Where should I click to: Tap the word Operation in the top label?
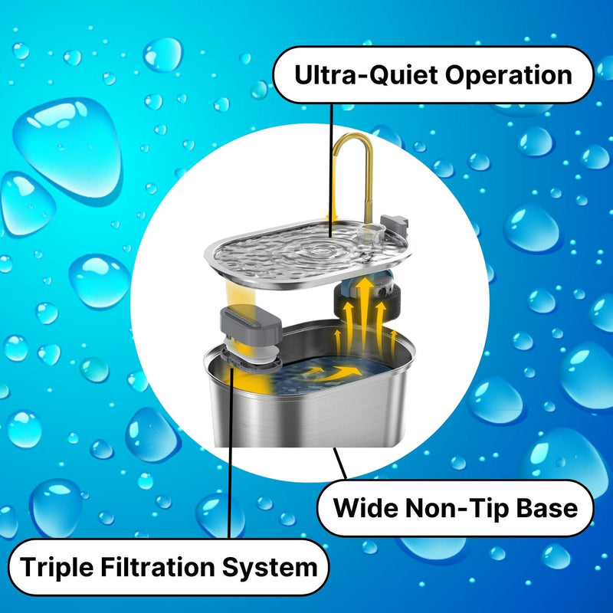(x=509, y=75)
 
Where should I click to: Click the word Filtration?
(x=158, y=566)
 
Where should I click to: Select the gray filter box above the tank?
(x=251, y=323)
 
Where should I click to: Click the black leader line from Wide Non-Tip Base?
(x=339, y=464)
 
